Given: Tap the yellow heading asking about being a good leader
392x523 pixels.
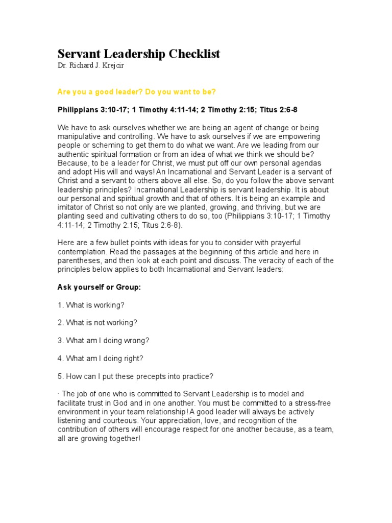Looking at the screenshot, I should (136, 91).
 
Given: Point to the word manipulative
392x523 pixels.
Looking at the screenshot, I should (79, 137).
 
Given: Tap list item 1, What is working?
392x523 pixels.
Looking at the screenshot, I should (91, 305).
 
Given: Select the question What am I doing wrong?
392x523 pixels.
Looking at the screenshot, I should (103, 340).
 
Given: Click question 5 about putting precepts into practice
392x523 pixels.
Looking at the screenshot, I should (135, 376).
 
